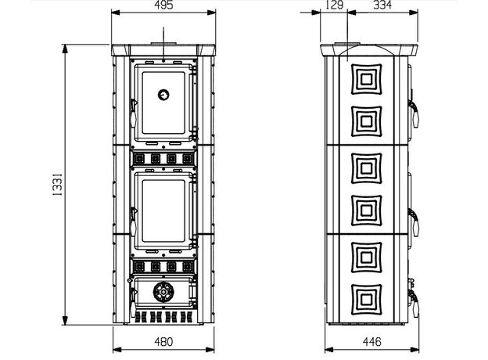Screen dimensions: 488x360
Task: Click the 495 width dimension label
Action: tap(163, 5)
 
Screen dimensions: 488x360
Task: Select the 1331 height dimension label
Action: tap(57, 185)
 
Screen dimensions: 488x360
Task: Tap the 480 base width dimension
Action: tap(163, 342)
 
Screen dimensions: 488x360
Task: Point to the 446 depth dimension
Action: tap(372, 342)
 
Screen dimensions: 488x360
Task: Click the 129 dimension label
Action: tap(335, 5)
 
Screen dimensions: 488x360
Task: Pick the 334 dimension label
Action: tap(382, 5)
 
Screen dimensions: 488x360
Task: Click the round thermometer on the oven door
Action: tap(163, 95)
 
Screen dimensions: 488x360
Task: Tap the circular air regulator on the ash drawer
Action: tap(163, 292)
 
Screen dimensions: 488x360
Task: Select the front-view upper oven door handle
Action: tap(134, 113)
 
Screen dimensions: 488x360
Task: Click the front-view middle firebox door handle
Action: tap(134, 221)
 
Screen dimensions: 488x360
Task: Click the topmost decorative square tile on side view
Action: tap(367, 79)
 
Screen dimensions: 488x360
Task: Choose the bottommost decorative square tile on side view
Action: tap(367, 300)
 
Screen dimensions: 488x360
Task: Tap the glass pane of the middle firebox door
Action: tap(163, 211)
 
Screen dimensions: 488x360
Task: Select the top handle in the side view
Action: tap(414, 113)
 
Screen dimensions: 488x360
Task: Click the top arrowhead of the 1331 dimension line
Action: tap(65, 49)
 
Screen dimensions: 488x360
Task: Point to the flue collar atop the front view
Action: tap(163, 43)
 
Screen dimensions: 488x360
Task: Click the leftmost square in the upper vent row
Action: tap(139, 159)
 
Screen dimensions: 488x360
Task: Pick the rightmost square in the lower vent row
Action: tap(188, 267)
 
